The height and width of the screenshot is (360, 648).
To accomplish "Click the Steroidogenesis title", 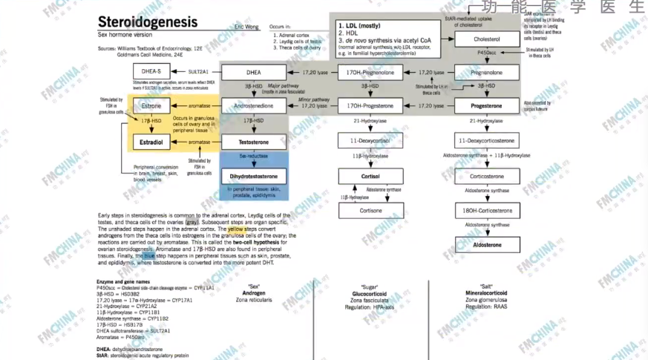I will tap(148, 22).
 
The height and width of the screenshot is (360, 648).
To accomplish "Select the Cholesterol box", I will tap(486, 39).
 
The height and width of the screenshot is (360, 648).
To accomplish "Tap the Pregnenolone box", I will tap(486, 73).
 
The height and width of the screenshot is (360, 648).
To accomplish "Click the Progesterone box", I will tap(486, 106).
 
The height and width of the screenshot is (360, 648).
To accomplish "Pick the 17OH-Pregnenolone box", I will tap(370, 73).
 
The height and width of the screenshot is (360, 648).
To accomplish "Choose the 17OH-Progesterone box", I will tap(370, 106).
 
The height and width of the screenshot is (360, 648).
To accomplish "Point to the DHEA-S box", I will tap(151, 72).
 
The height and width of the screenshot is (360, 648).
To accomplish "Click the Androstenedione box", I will tap(255, 106).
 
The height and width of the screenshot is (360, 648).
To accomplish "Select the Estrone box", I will tap(151, 106).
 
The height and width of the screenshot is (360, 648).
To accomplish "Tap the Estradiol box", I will tap(151, 141).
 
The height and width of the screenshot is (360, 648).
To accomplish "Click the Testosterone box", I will tap(255, 141).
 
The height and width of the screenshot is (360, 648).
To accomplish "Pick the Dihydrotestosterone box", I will tap(254, 177).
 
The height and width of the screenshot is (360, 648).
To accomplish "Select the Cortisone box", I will tap(370, 210).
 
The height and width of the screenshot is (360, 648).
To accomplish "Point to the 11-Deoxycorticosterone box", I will tap(486, 140).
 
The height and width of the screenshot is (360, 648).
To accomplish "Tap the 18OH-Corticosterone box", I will tap(486, 211).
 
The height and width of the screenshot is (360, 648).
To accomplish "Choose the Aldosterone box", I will tap(486, 244).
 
